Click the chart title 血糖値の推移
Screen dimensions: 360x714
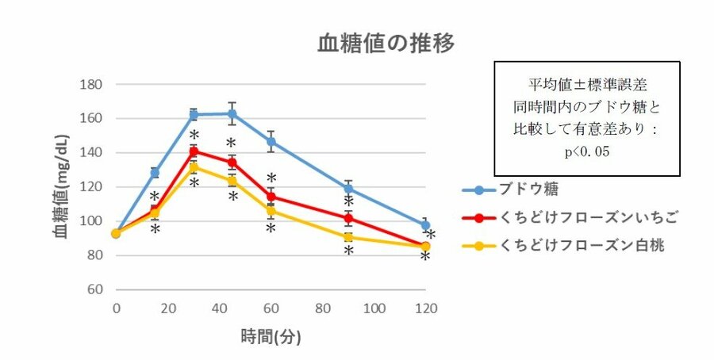pos(386,43)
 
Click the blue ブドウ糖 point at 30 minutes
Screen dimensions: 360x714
pos(194,115)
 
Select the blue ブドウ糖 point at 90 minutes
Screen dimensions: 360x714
pos(348,188)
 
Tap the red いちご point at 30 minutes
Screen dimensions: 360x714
pos(194,151)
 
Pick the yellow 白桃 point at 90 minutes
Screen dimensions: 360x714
pos(348,237)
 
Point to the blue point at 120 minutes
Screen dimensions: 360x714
pos(425,225)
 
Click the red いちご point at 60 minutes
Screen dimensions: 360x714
pos(271,197)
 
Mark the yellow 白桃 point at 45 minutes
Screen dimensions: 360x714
pos(232,181)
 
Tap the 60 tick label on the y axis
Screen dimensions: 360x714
pos(96,289)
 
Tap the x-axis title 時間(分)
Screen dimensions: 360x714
pos(271,337)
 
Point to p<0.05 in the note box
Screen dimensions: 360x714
pos(587,151)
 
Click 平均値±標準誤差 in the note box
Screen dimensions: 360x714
pos(587,83)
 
